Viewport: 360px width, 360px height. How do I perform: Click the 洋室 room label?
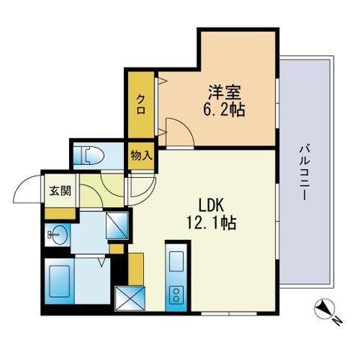(224, 93)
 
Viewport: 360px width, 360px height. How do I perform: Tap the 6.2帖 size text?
(223, 109)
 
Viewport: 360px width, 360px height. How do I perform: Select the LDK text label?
(211, 205)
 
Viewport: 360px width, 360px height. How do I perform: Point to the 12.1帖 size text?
(211, 223)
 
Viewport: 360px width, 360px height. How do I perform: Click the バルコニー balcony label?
(304, 172)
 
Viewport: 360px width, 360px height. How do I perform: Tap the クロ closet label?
(141, 104)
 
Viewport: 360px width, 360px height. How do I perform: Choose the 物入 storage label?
(141, 156)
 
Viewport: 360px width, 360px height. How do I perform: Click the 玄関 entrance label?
(60, 190)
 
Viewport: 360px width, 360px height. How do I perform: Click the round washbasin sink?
(58, 235)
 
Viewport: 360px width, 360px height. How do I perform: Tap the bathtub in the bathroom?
(59, 281)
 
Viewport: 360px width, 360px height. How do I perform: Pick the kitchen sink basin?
(176, 262)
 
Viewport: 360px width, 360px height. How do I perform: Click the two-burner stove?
(176, 295)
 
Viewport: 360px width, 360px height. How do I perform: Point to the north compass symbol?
(324, 309)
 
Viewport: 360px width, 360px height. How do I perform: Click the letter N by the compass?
(337, 321)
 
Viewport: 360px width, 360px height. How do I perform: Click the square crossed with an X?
(130, 298)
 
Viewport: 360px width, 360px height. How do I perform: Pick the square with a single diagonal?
(117, 226)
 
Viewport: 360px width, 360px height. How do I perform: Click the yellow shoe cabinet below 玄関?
(60, 213)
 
